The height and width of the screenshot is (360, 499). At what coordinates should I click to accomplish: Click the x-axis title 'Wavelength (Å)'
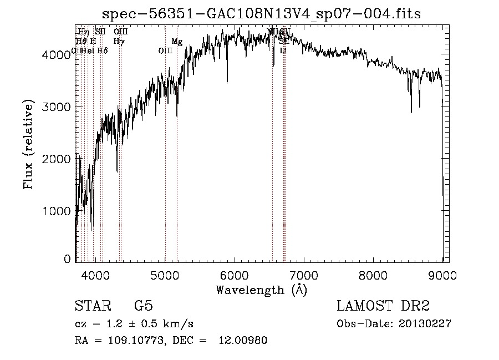tap(261, 290)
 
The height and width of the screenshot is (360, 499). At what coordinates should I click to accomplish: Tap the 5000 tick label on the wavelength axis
tap(165, 275)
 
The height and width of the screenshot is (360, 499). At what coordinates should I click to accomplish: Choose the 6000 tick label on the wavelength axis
tap(235, 275)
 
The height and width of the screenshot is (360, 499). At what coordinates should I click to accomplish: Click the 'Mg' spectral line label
tap(177, 42)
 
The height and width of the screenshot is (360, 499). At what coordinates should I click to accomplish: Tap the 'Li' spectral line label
tap(283, 50)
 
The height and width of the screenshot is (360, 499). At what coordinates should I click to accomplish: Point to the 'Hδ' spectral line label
tap(102, 50)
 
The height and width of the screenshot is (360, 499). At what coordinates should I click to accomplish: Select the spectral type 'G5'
tap(144, 307)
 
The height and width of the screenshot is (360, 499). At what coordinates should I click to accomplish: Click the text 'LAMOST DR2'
tap(383, 307)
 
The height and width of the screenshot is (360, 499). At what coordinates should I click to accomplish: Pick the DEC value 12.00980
tap(243, 341)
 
